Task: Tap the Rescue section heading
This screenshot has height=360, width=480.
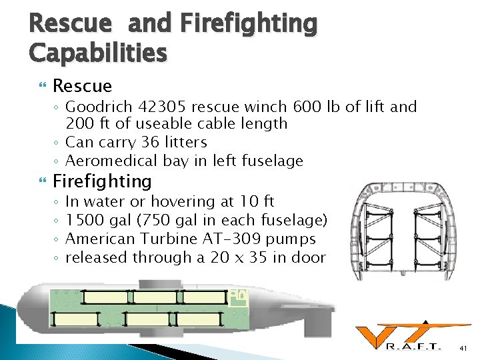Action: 82,86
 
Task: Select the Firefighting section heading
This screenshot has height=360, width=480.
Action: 102,181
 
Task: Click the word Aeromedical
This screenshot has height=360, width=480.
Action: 111,161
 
